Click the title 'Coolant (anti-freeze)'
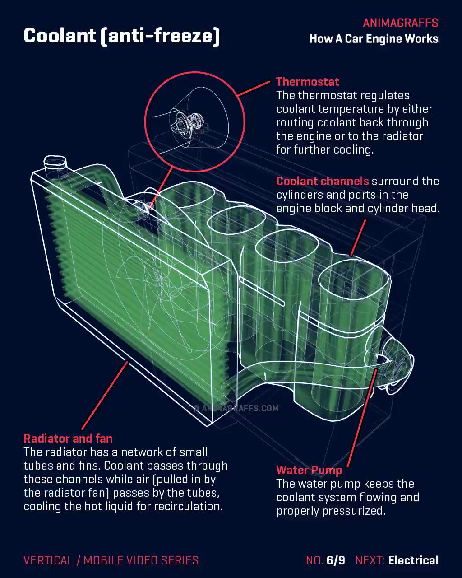(122, 36)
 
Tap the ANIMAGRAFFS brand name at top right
(400, 23)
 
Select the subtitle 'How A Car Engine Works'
(374, 39)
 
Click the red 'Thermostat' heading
(307, 82)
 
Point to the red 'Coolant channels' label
(323, 181)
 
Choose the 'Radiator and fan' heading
(68, 438)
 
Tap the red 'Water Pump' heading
(309, 470)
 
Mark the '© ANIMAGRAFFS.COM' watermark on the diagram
(236, 409)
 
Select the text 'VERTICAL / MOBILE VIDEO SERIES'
(111, 560)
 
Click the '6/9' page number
(336, 560)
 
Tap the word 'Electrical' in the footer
(413, 560)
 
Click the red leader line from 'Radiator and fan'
(105, 396)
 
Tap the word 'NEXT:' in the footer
(370, 560)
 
